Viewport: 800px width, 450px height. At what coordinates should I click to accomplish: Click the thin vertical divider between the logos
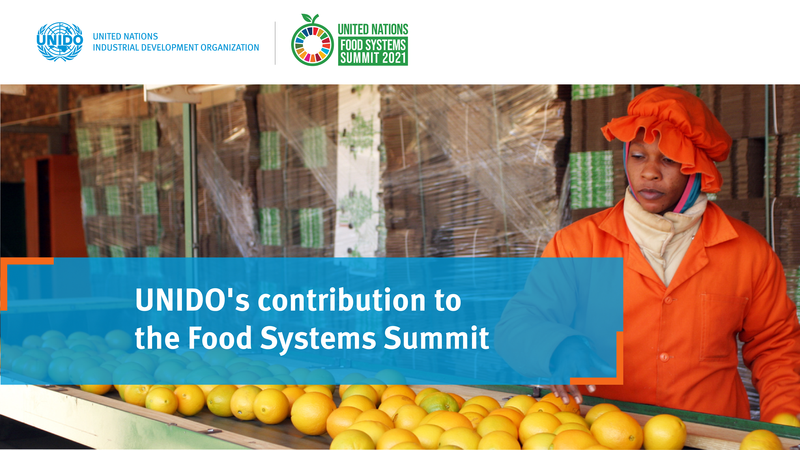pos(275,43)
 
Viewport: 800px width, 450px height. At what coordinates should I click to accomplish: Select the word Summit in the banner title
pos(436,338)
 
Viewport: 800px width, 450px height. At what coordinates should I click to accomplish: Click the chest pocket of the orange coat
pos(724,326)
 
